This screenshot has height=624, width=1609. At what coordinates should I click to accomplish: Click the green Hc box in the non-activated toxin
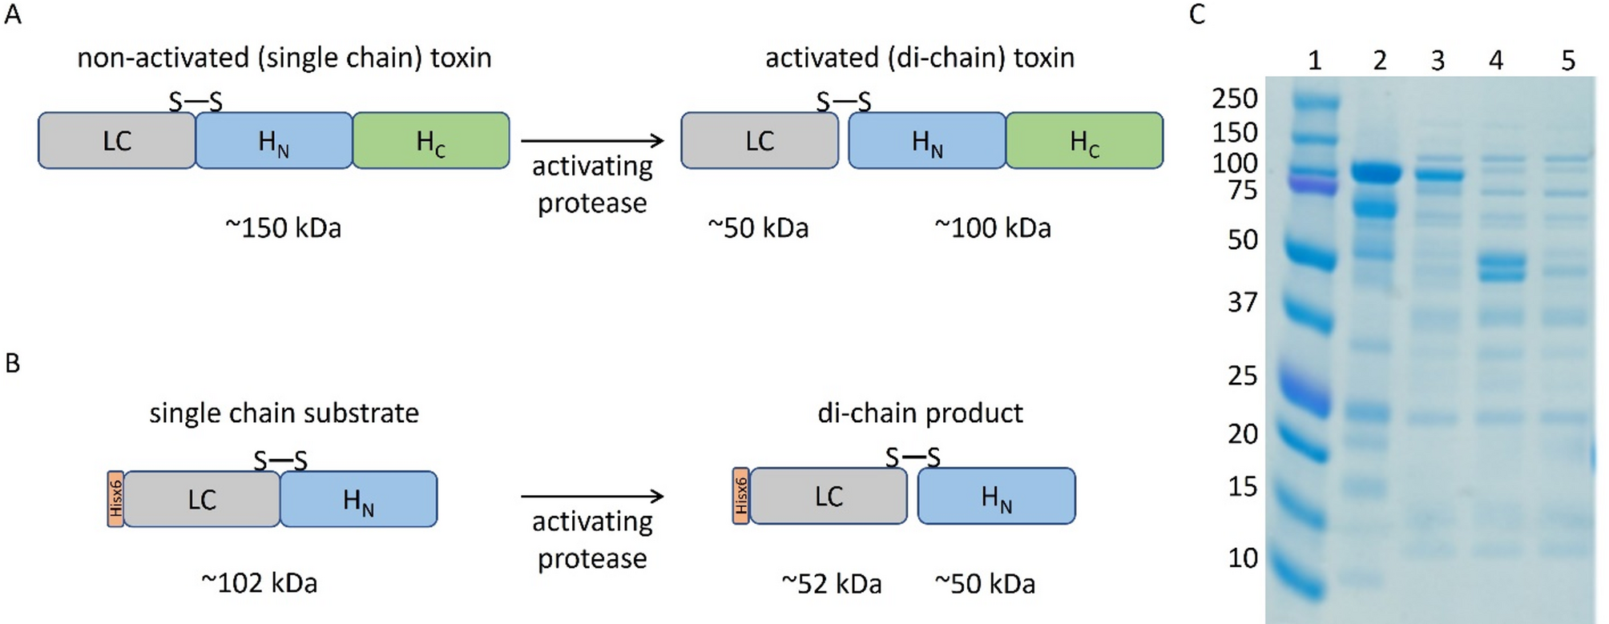pyautogui.click(x=430, y=141)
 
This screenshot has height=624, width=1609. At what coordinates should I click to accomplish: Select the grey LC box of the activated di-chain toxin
pyautogui.click(x=759, y=141)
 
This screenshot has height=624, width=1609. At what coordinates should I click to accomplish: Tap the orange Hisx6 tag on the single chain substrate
pyautogui.click(x=115, y=499)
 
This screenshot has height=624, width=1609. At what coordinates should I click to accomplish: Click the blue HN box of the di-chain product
pyautogui.click(x=996, y=497)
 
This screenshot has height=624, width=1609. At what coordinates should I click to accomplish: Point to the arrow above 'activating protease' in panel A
pyautogui.click(x=592, y=141)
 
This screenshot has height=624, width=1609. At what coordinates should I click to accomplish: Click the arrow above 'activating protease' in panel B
pyautogui.click(x=592, y=497)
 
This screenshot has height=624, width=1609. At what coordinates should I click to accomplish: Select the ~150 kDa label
pyautogui.click(x=283, y=228)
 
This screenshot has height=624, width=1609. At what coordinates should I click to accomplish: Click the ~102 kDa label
pyautogui.click(x=259, y=583)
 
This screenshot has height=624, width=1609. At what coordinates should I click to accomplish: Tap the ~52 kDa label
pyautogui.click(x=832, y=584)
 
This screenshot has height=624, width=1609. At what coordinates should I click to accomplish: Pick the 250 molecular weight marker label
pyautogui.click(x=1235, y=99)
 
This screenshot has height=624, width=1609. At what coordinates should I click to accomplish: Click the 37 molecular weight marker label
pyautogui.click(x=1242, y=303)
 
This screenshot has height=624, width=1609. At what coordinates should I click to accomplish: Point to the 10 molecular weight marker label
pyautogui.click(x=1243, y=558)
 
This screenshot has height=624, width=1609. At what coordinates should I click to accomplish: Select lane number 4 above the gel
pyautogui.click(x=1495, y=61)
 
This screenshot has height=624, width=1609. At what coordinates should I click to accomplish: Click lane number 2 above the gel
pyautogui.click(x=1379, y=61)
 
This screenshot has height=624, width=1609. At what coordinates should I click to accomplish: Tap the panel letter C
pyautogui.click(x=1197, y=14)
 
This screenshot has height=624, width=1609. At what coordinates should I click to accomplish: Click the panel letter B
pyautogui.click(x=12, y=364)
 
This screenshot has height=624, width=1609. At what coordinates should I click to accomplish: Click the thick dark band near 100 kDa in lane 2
pyautogui.click(x=1376, y=173)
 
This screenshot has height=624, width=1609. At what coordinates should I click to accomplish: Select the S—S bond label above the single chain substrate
pyautogui.click(x=280, y=461)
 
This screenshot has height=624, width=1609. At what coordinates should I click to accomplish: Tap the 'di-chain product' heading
pyautogui.click(x=920, y=413)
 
